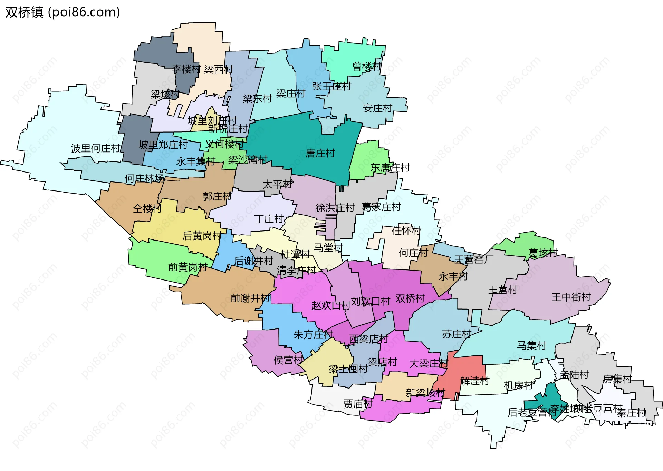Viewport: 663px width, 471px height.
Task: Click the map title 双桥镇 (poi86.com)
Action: [63, 12]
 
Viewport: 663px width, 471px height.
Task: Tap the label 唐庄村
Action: [320, 153]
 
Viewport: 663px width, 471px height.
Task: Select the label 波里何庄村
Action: [96, 148]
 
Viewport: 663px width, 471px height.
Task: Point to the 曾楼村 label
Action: [367, 66]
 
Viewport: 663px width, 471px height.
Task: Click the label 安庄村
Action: [377, 108]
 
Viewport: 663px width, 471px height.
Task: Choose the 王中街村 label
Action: [571, 297]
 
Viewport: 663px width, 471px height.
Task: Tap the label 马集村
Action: [531, 345]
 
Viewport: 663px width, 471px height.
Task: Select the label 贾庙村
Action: [358, 404]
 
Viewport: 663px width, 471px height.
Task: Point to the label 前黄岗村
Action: [188, 267]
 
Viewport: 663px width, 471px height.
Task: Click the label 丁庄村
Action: [269, 219]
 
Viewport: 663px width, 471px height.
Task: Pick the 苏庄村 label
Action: [457, 334]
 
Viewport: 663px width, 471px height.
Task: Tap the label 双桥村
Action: [410, 298]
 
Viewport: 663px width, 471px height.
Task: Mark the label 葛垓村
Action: [543, 253]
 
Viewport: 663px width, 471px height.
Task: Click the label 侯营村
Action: [288, 360]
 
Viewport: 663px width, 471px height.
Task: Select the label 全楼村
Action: [147, 208]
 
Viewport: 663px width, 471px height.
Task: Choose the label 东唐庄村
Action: [390, 168]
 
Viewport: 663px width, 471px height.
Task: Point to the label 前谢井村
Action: [250, 298]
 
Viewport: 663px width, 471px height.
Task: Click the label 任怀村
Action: [406, 230]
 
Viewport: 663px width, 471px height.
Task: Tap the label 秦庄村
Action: [631, 413]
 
